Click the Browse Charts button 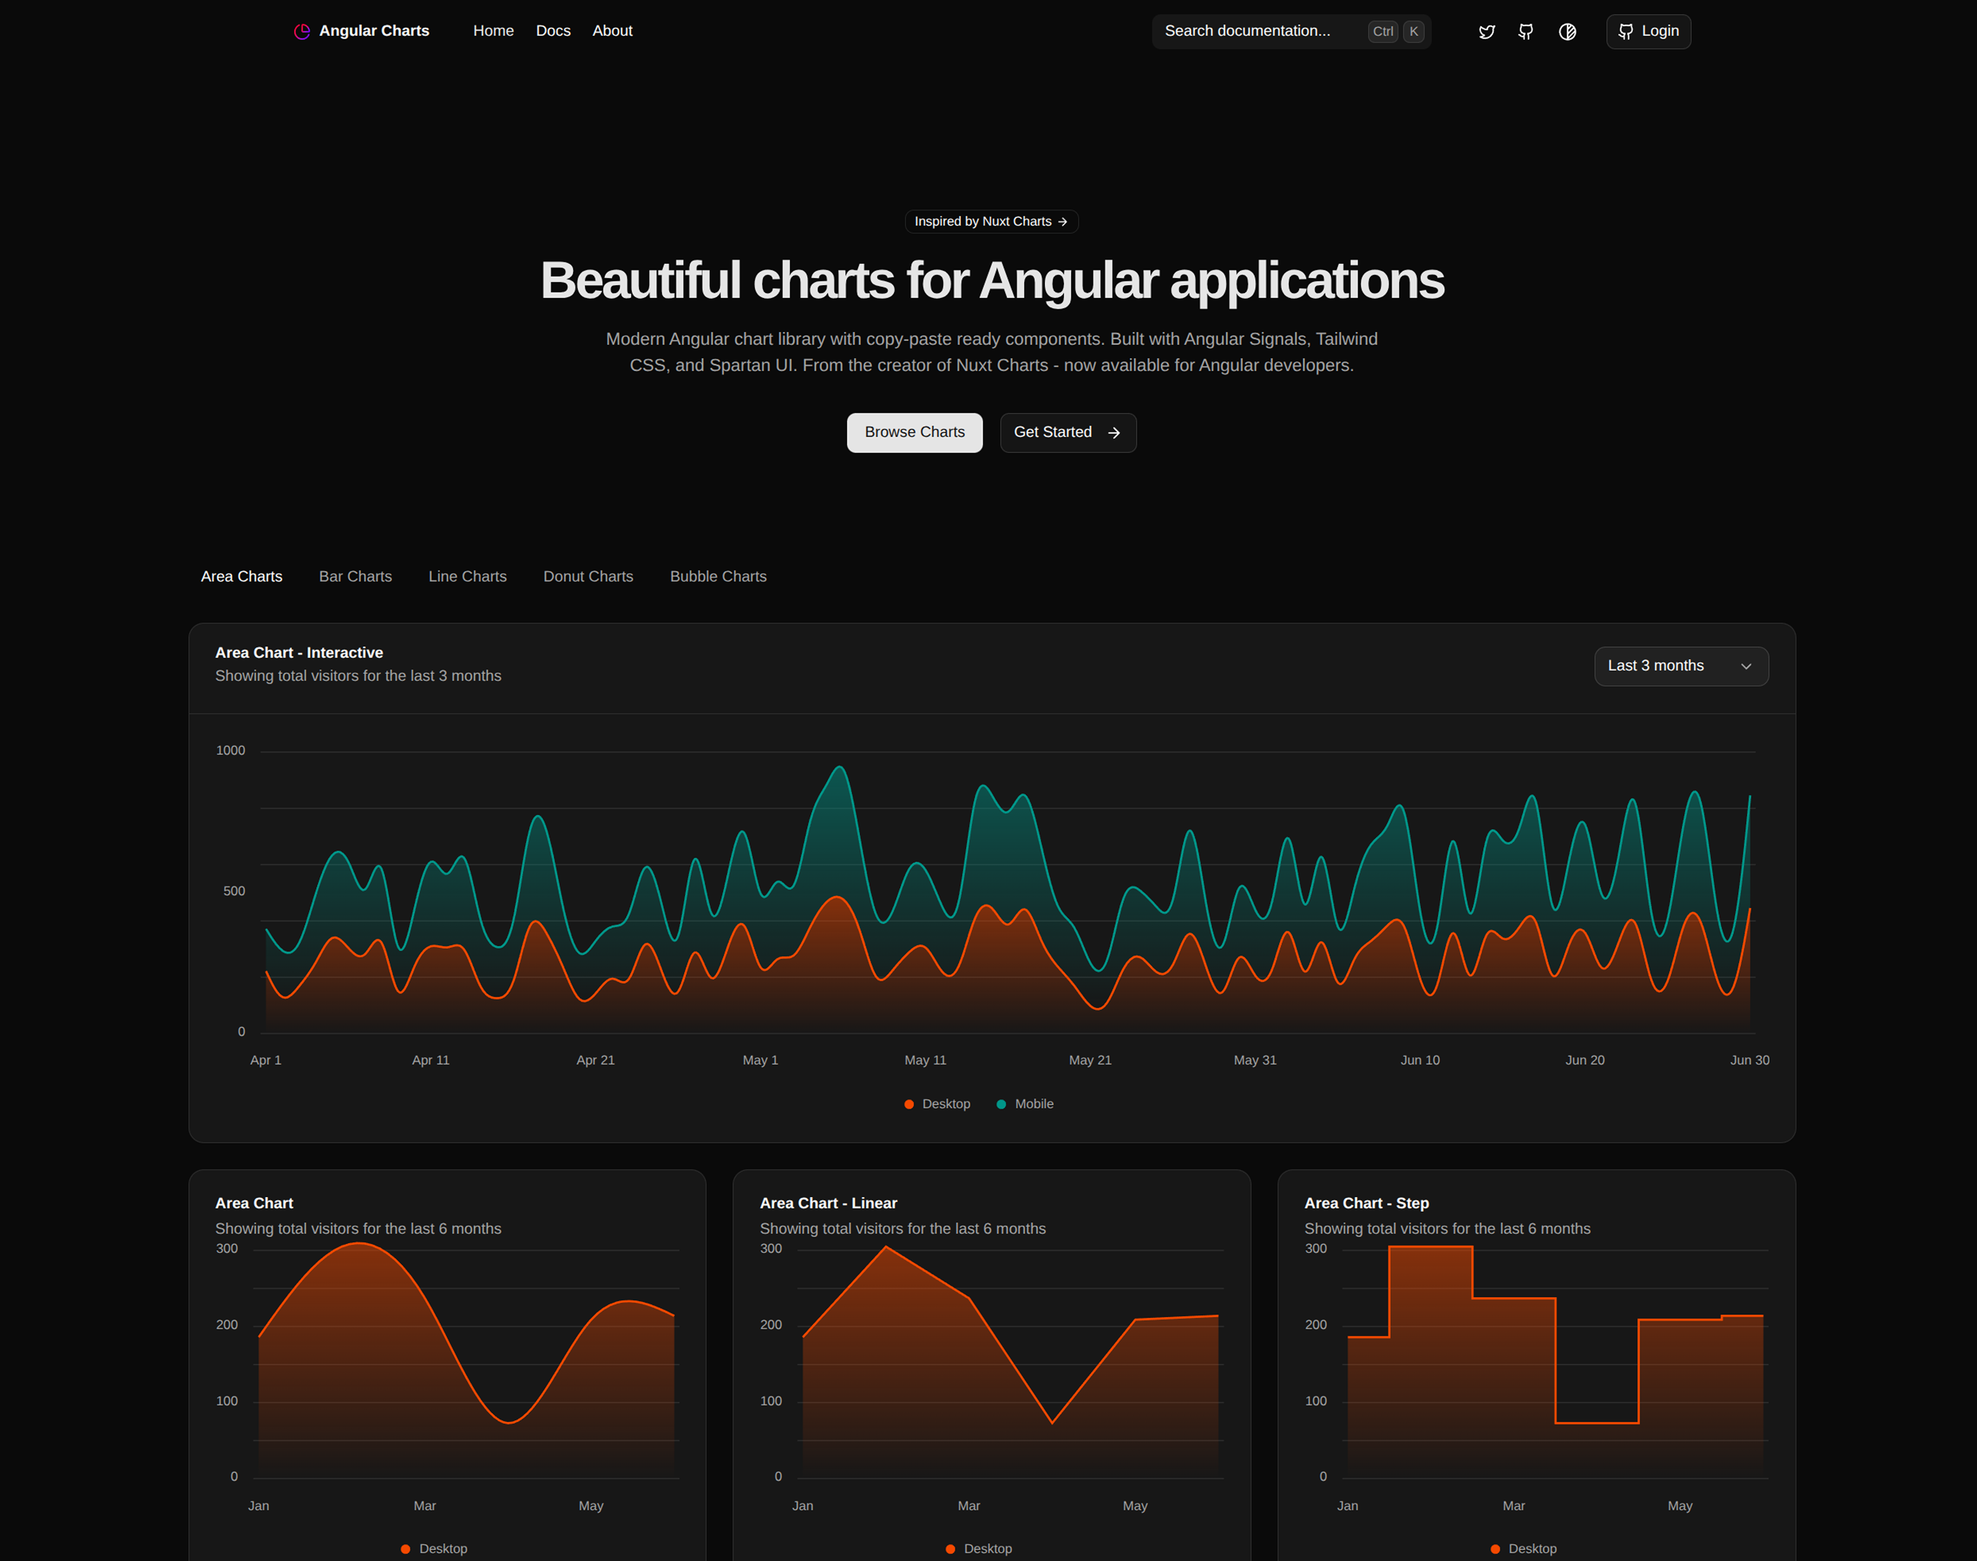click(x=914, y=432)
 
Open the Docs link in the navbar click(x=553, y=31)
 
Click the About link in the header click(x=611, y=31)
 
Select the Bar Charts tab click(x=355, y=577)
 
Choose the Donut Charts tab click(x=588, y=577)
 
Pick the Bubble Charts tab click(x=717, y=577)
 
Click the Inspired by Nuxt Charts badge click(x=991, y=221)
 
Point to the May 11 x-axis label click(x=925, y=1060)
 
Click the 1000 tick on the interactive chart click(x=230, y=750)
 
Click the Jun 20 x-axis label click(x=1584, y=1060)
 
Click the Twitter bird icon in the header click(x=1486, y=32)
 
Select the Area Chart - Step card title click(x=1366, y=1204)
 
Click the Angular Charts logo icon click(x=301, y=32)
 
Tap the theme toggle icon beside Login click(x=1566, y=32)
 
